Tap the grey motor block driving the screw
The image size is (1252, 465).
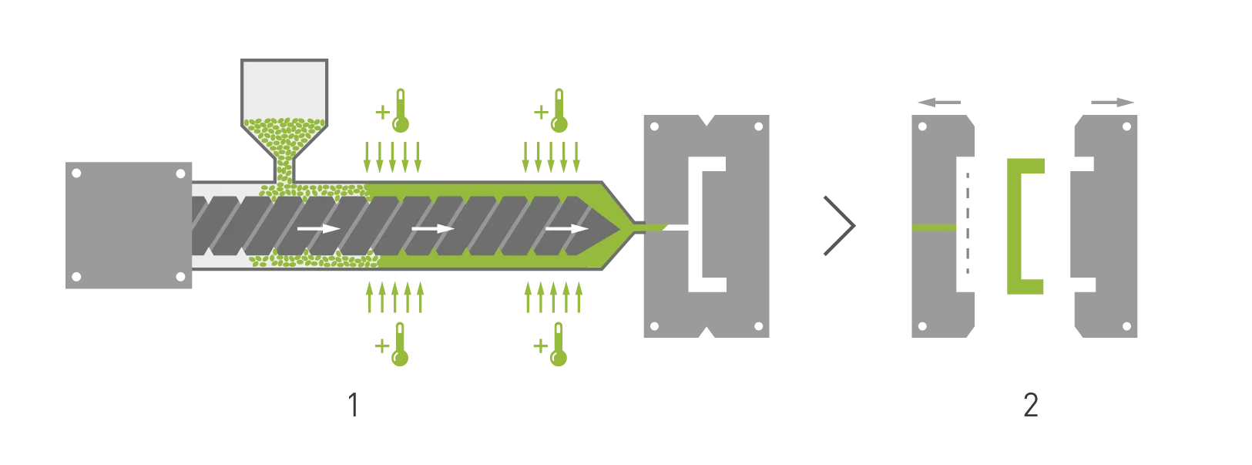(129, 224)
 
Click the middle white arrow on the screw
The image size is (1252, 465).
(432, 228)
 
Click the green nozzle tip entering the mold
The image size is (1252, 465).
(651, 227)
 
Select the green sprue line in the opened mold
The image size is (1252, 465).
(934, 227)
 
